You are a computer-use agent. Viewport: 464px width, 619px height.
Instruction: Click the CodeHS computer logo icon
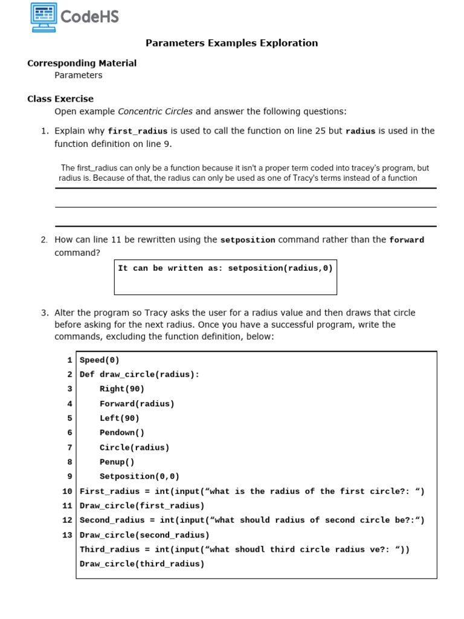click(x=43, y=17)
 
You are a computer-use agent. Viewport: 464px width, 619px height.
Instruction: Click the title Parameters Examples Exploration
click(x=231, y=43)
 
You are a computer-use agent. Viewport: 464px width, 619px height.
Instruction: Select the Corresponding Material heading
click(x=82, y=63)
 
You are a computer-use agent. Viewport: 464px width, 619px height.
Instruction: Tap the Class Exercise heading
click(x=60, y=99)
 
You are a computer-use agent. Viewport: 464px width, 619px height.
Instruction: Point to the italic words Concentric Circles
click(x=155, y=111)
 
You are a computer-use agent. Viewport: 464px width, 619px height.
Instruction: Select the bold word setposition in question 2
click(x=248, y=240)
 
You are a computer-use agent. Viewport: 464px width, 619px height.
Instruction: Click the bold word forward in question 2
click(x=407, y=240)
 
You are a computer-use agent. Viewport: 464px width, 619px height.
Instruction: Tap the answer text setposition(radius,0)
click(x=280, y=268)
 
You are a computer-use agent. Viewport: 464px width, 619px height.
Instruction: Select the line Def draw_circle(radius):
click(x=140, y=374)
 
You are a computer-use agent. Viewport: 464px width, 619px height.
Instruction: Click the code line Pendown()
click(x=122, y=433)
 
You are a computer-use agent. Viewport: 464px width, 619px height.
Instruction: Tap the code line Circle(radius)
click(x=134, y=447)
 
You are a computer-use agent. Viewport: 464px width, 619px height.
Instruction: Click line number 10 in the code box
click(x=67, y=491)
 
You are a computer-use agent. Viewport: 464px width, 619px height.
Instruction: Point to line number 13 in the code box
click(x=67, y=535)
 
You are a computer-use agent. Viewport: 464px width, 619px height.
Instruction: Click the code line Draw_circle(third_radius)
click(x=142, y=564)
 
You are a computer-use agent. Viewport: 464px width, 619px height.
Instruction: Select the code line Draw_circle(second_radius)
click(x=144, y=535)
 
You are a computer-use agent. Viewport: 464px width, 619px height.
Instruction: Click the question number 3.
click(x=45, y=313)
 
